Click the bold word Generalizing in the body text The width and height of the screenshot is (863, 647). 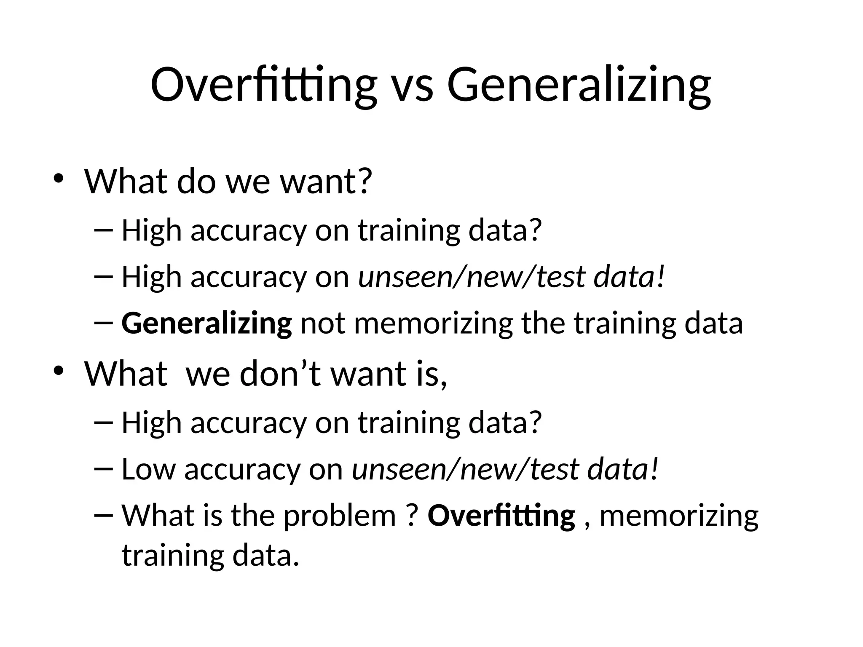tap(206, 323)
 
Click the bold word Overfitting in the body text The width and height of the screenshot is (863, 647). tap(501, 516)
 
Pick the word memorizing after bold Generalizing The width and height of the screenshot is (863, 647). tap(433, 323)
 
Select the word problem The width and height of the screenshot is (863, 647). tap(340, 516)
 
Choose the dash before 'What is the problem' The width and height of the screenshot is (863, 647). tap(104, 515)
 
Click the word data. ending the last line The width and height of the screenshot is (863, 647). tap(266, 555)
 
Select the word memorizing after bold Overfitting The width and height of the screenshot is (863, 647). tap(678, 516)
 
